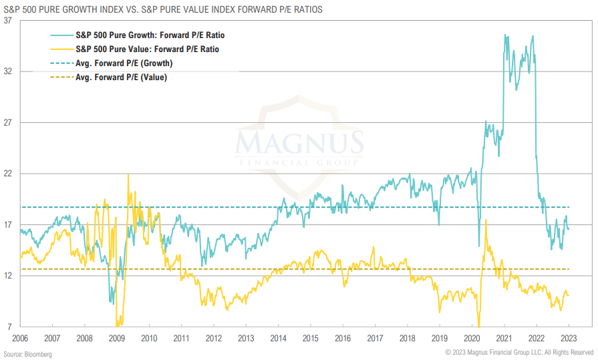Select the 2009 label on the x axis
(x=117, y=338)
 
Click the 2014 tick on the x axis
(x=279, y=338)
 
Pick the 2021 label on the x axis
(x=504, y=338)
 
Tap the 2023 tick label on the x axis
(x=569, y=338)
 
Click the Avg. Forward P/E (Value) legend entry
(x=121, y=77)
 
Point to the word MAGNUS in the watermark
(x=299, y=142)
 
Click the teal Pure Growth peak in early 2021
(x=505, y=35)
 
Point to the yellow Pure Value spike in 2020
(x=486, y=221)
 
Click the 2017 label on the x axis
(x=376, y=338)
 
